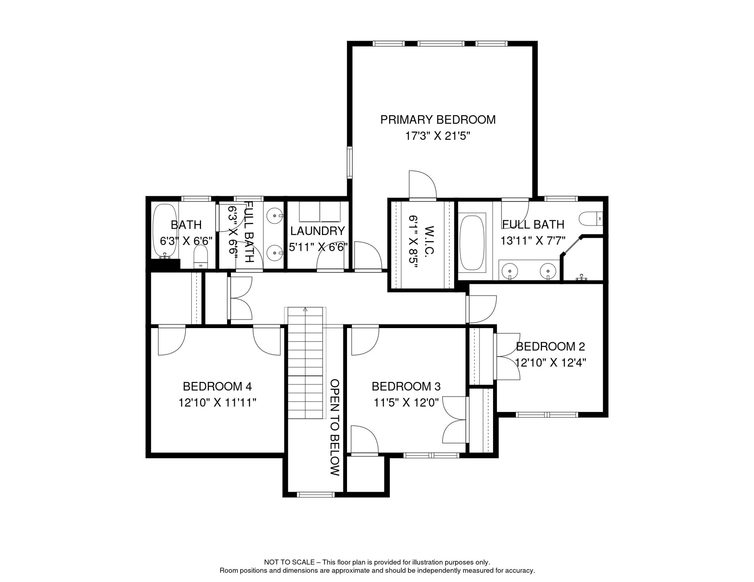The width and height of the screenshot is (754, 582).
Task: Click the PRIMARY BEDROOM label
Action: pyautogui.click(x=438, y=120)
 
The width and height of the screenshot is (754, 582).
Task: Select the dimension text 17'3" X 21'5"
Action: pyautogui.click(x=438, y=136)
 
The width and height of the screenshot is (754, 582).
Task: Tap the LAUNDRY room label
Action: pyautogui.click(x=317, y=231)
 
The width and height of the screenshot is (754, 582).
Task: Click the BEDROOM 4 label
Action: pyautogui.click(x=217, y=386)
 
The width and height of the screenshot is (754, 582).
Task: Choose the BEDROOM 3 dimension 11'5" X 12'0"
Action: pyautogui.click(x=406, y=403)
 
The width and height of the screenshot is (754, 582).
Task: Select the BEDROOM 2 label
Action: pyautogui.click(x=550, y=346)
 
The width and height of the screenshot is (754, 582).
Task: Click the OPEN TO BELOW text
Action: pyautogui.click(x=334, y=427)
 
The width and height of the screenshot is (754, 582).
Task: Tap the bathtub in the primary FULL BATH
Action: pyautogui.click(x=472, y=242)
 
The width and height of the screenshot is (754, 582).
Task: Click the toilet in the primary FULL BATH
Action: pyautogui.click(x=591, y=219)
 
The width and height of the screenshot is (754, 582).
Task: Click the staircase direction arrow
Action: pyautogui.click(x=305, y=309)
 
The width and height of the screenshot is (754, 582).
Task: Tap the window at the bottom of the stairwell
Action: pyautogui.click(x=316, y=494)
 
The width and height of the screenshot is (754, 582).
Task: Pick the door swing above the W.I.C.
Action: pyautogui.click(x=422, y=185)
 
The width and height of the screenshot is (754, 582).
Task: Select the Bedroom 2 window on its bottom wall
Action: pyautogui.click(x=547, y=415)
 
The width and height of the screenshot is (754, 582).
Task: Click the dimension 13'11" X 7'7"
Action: pyautogui.click(x=533, y=241)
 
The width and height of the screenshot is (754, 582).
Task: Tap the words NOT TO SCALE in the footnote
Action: pyautogui.click(x=289, y=562)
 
